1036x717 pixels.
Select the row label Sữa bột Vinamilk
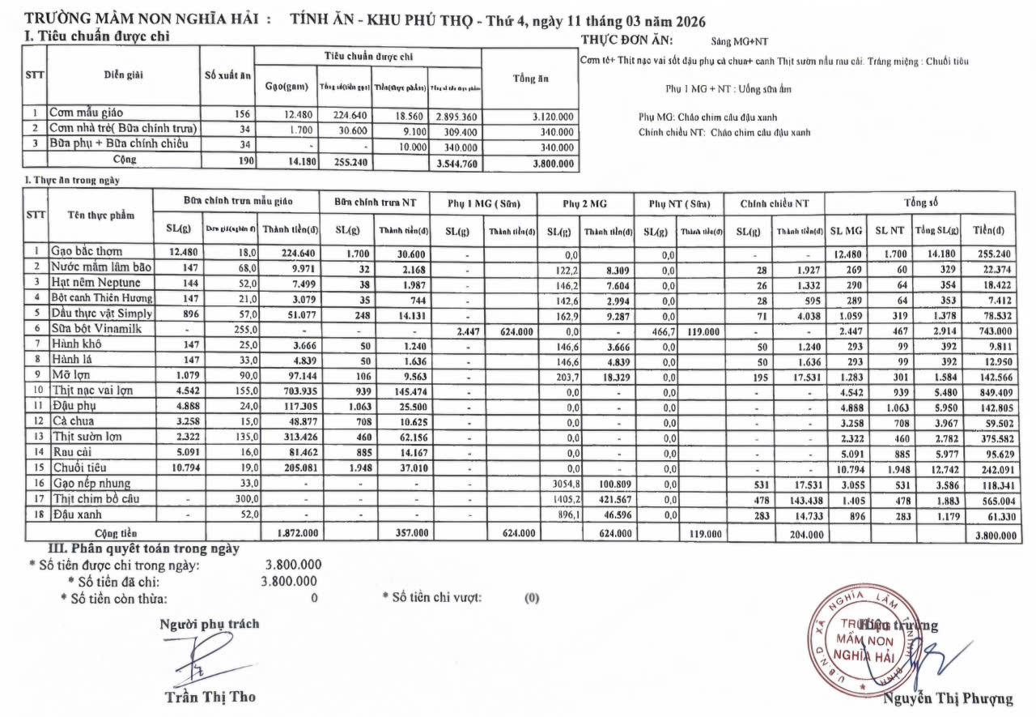(96, 330)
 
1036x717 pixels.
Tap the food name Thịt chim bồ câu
(96, 499)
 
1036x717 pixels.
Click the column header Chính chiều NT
(775, 203)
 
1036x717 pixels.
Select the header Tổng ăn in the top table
(530, 79)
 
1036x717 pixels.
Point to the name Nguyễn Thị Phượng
(948, 699)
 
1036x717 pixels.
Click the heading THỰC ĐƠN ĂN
(627, 40)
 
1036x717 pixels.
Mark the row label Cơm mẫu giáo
(87, 113)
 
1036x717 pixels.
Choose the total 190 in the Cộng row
(245, 160)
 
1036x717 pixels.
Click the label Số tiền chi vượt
(436, 597)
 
